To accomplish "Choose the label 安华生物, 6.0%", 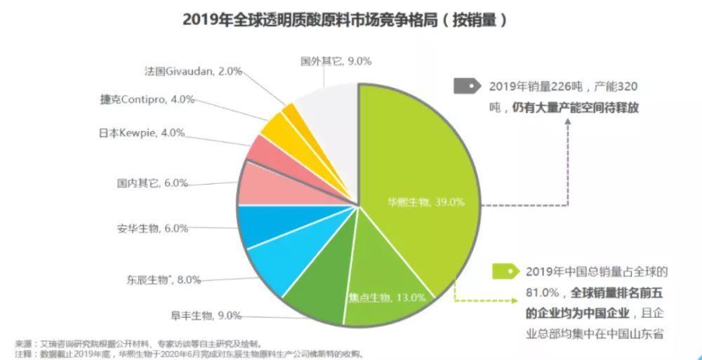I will [152, 228].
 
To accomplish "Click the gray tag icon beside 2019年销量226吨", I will [466, 87].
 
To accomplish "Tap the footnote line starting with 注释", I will [190, 354].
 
